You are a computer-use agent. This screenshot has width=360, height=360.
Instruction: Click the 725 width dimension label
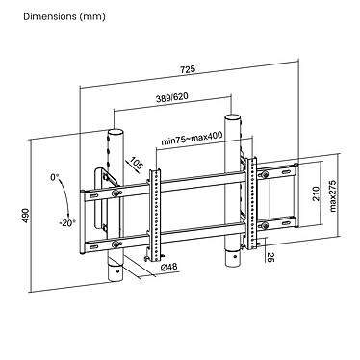click(188, 69)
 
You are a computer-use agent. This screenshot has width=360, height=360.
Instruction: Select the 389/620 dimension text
click(172, 97)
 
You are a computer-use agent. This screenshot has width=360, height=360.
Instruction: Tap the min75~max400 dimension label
click(192, 139)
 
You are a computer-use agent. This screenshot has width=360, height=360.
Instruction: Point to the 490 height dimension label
click(26, 216)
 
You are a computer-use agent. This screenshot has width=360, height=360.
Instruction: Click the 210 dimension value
click(316, 193)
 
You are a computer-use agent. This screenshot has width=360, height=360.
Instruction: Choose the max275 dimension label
click(332, 196)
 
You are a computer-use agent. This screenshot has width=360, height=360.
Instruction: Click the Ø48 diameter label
click(168, 267)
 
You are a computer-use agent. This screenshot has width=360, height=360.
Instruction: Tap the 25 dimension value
click(270, 257)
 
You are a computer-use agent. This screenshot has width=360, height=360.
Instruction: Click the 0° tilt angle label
click(54, 177)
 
